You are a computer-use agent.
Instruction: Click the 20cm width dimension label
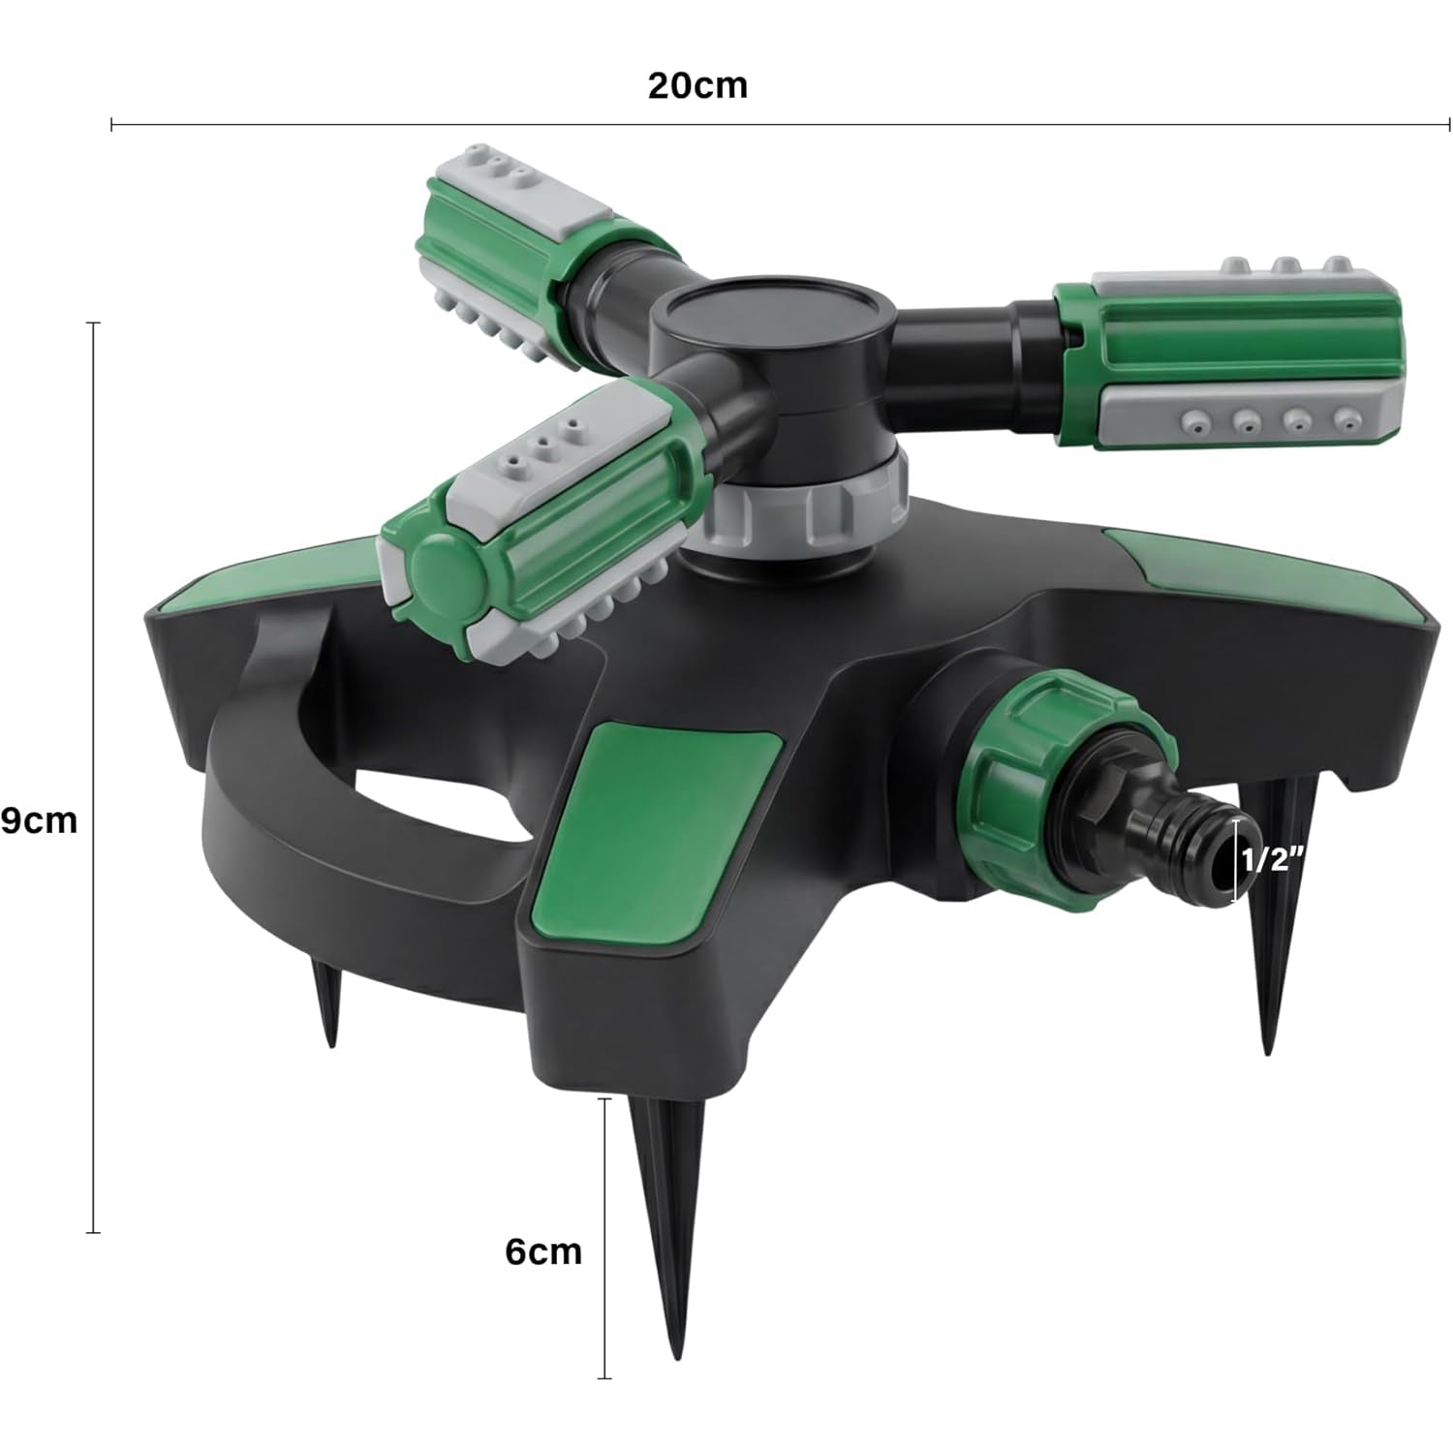[x=697, y=85]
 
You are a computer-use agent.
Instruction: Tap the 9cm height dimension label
[x=39, y=820]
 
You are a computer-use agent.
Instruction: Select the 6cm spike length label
[x=543, y=1251]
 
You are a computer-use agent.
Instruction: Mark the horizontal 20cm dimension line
[x=775, y=124]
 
